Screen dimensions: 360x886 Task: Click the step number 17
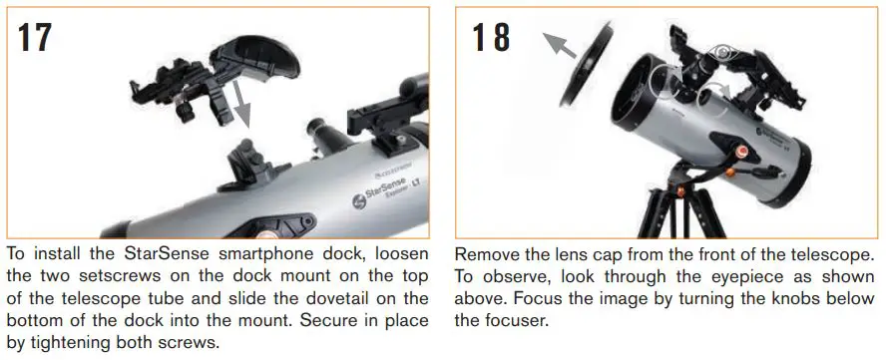[35, 37]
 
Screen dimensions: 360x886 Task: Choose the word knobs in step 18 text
[778, 299]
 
